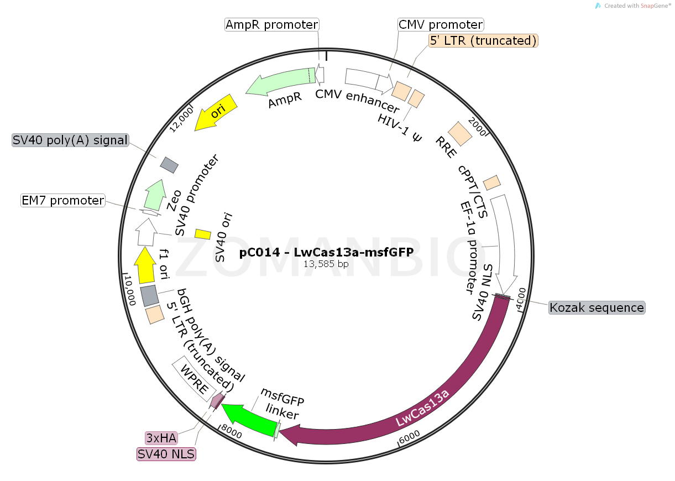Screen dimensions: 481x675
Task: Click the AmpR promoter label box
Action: [272, 25]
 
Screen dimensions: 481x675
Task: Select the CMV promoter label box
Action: [441, 25]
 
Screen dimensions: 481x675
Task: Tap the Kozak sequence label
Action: [596, 307]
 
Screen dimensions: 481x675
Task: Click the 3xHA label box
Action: [161, 438]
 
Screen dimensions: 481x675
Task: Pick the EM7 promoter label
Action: [62, 200]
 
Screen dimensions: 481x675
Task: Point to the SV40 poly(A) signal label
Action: [70, 140]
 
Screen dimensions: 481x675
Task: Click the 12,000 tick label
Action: [182, 119]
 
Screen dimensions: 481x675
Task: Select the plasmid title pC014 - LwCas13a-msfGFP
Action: [326, 253]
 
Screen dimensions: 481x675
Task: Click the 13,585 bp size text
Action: [326, 264]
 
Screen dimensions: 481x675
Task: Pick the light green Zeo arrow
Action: [156, 193]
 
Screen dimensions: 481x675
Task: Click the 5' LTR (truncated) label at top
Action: [483, 40]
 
